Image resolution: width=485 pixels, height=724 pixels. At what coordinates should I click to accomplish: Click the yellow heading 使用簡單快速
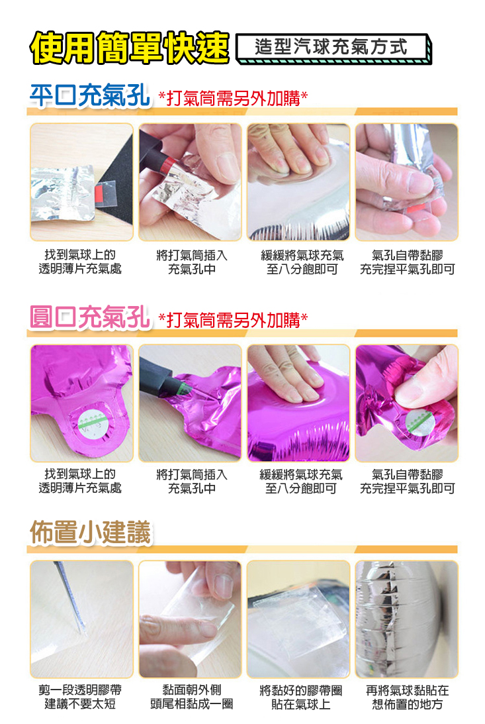[130, 47]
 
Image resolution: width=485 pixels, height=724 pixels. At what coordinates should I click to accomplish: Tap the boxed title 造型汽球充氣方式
[331, 46]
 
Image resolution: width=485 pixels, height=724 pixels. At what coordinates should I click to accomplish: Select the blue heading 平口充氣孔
[89, 95]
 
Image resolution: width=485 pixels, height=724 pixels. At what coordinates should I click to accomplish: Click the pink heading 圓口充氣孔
[89, 317]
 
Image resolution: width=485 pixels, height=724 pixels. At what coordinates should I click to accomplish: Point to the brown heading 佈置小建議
[91, 533]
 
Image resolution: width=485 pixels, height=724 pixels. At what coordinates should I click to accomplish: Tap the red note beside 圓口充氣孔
[232, 319]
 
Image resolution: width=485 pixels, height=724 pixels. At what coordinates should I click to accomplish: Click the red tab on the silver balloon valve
[99, 191]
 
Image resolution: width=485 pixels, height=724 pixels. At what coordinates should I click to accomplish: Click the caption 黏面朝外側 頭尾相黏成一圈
[192, 697]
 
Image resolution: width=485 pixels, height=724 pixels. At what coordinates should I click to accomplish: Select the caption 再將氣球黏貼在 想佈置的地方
[407, 698]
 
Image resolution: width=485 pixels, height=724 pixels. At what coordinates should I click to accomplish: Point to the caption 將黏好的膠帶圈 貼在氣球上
[300, 698]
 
